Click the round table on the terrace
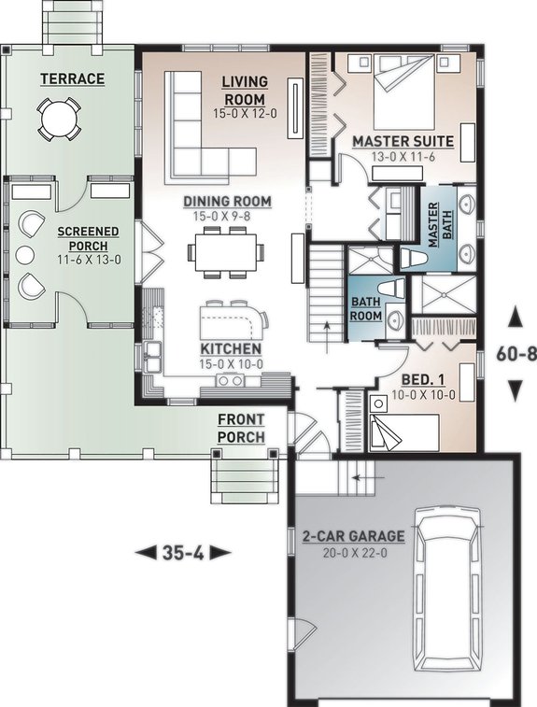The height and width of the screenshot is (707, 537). (58, 119)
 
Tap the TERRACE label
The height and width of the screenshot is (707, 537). (72, 79)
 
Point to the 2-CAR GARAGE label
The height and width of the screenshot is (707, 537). (353, 536)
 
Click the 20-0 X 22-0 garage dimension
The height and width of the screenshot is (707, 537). (353, 552)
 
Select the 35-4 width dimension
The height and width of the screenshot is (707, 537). (182, 553)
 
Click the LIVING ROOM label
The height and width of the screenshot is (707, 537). (244, 91)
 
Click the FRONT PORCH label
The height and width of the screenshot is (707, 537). (241, 428)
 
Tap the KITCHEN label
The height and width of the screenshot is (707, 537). (230, 348)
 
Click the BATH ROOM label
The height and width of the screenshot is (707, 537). (366, 309)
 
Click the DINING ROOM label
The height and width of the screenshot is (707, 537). (227, 201)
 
